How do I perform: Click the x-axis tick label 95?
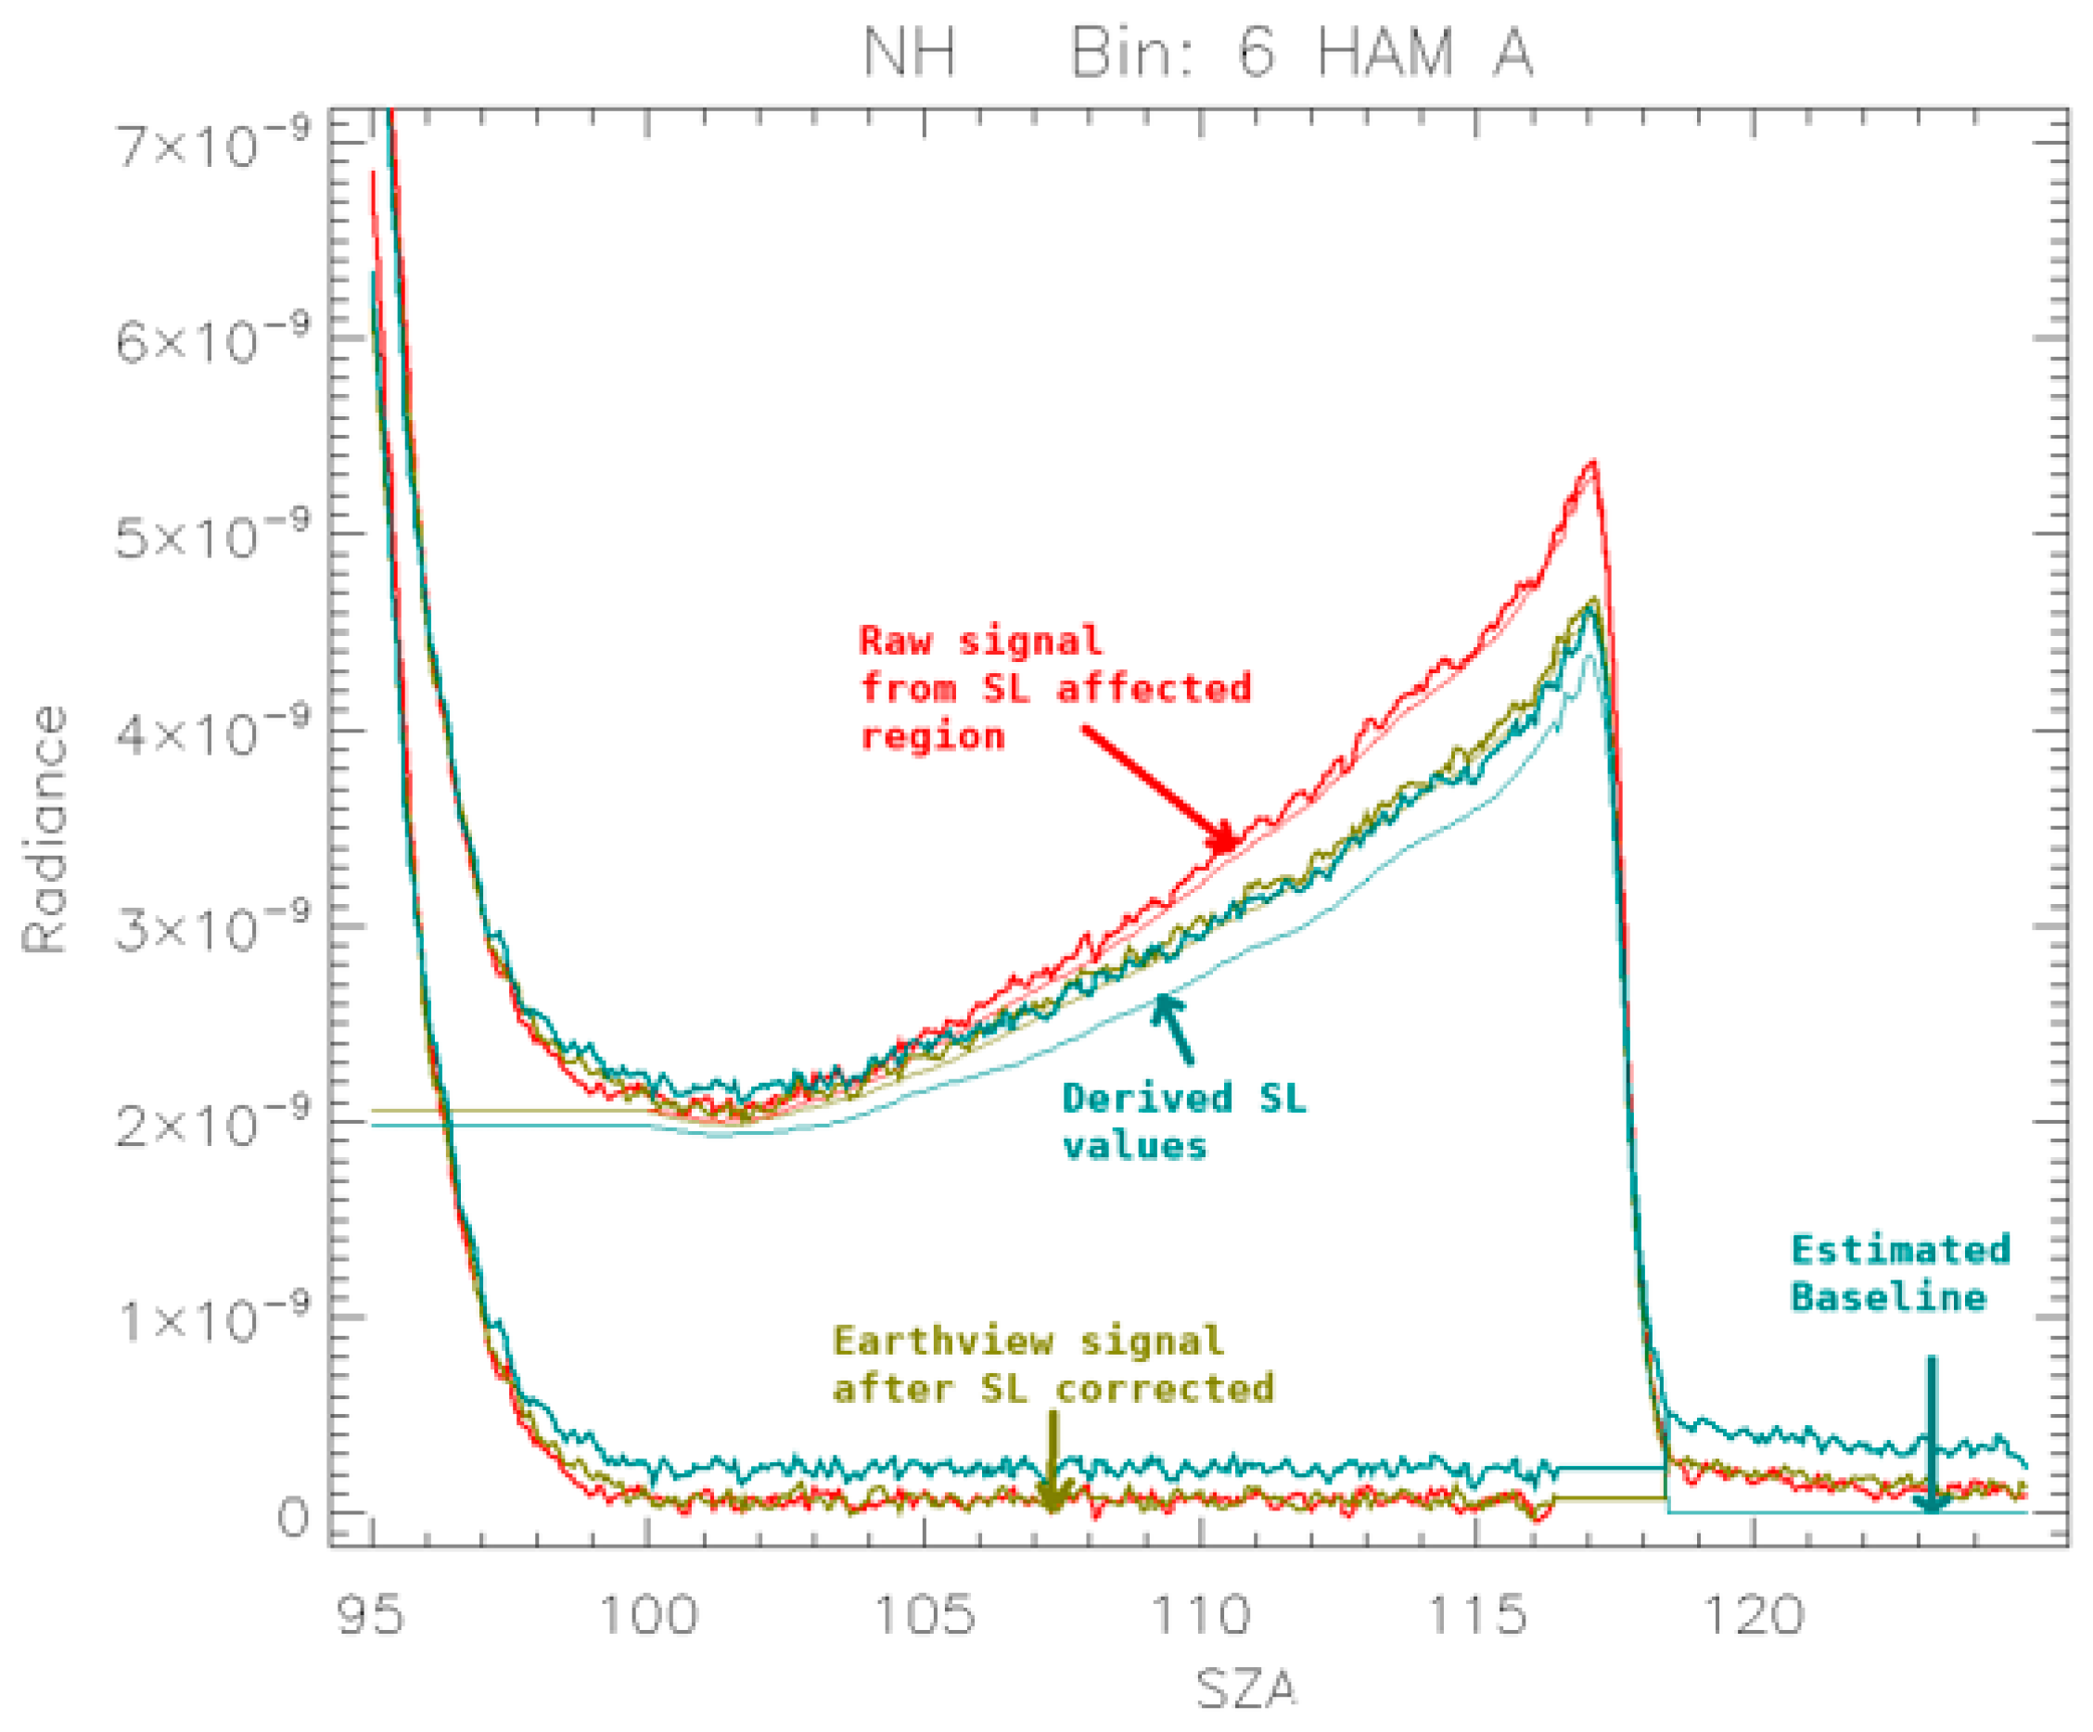371,1615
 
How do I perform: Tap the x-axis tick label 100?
648,1615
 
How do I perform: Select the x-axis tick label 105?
924,1615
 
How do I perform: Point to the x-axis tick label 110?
1200,1615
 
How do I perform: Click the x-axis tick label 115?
1477,1615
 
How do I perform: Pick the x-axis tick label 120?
1755,1615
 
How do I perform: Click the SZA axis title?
1245,1690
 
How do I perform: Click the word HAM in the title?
1385,53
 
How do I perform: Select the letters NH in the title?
909,53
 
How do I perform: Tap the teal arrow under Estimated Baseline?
1932,1435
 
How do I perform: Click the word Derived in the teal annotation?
1146,1098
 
